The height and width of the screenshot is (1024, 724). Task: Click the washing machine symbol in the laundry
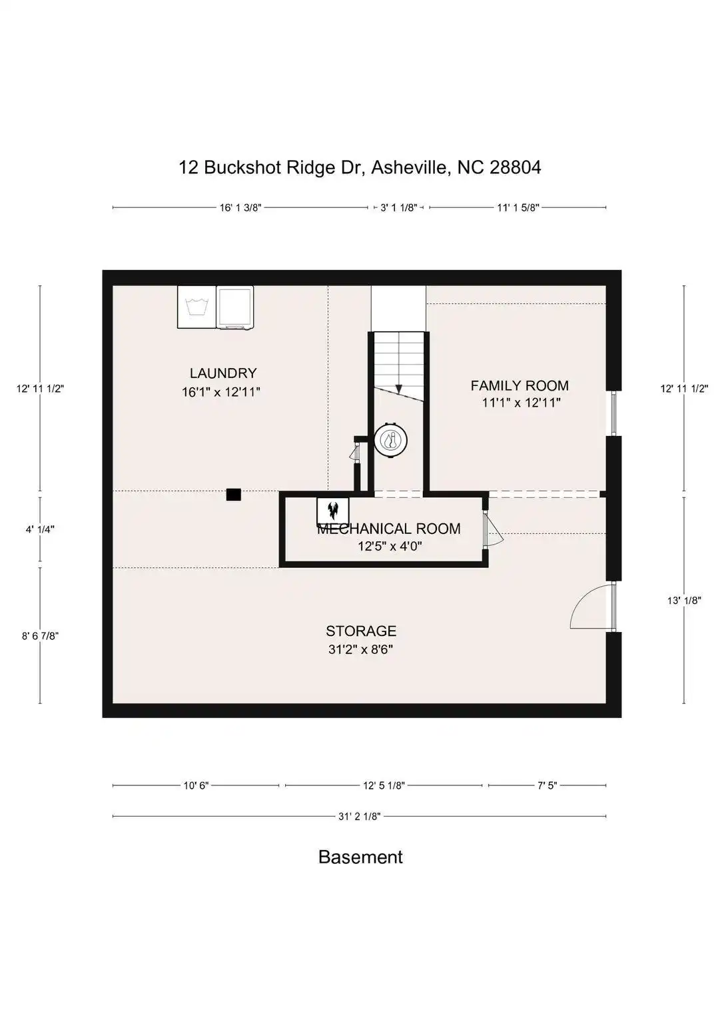(x=197, y=307)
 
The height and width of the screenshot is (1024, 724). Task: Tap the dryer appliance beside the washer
(x=235, y=307)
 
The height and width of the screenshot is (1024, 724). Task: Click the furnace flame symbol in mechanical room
(x=333, y=510)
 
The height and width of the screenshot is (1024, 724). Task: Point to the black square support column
(x=233, y=495)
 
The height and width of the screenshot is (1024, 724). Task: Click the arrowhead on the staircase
(x=399, y=389)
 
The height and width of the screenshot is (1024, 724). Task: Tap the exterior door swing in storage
(x=591, y=607)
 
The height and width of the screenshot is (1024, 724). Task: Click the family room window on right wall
(x=614, y=413)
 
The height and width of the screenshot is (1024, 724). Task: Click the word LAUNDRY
(x=223, y=373)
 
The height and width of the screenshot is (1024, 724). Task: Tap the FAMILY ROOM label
(x=520, y=385)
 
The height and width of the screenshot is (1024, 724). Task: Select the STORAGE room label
(x=361, y=631)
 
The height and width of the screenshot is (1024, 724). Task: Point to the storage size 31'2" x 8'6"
(x=361, y=649)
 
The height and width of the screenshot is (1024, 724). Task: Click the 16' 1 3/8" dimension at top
(x=240, y=207)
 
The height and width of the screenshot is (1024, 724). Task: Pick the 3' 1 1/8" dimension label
(x=399, y=207)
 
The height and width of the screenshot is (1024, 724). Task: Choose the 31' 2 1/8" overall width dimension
(x=360, y=817)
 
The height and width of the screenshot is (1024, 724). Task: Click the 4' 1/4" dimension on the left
(x=40, y=529)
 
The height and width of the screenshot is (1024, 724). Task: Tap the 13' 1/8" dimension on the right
(x=684, y=600)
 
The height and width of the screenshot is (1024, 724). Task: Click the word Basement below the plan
(x=360, y=857)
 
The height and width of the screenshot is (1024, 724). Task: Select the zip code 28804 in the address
(x=516, y=167)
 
